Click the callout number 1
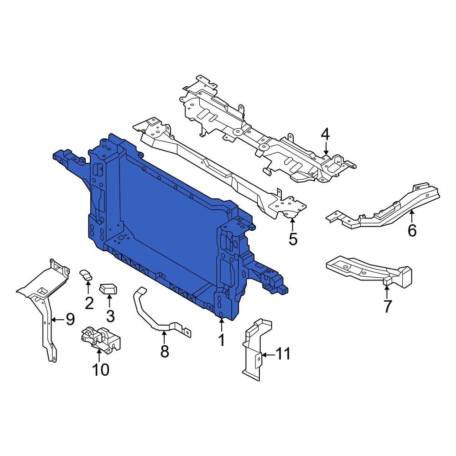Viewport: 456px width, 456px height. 222,340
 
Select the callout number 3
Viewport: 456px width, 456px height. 110,315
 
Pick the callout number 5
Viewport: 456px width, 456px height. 293,238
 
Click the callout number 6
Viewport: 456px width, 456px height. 412,231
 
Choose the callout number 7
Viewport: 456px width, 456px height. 387,306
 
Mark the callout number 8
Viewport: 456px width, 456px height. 165,351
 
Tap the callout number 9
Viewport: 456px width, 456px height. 70,319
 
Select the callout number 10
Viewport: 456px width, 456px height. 101,369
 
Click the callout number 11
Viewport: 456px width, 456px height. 283,353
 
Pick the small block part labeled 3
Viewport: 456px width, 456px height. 109,289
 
